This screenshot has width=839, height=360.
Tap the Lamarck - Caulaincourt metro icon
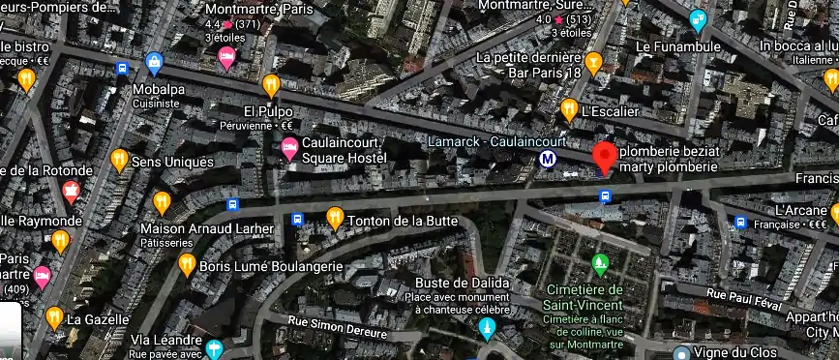(549, 160)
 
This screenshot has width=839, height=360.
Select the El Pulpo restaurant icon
(272, 84)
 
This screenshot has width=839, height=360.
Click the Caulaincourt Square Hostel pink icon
(288, 149)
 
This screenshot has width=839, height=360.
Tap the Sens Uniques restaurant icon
(120, 160)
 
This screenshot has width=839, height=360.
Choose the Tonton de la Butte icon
(336, 219)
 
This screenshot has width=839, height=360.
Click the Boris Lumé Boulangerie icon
(187, 265)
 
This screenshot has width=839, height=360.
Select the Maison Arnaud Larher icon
(162, 203)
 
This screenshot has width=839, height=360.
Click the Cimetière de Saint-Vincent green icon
(600, 263)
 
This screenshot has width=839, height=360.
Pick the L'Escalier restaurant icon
(570, 109)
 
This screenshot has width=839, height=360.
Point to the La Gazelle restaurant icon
(54, 317)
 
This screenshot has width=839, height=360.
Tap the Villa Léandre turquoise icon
(214, 348)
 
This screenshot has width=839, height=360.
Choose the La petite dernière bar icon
(594, 63)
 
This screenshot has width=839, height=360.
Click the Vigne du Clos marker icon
(682, 354)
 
